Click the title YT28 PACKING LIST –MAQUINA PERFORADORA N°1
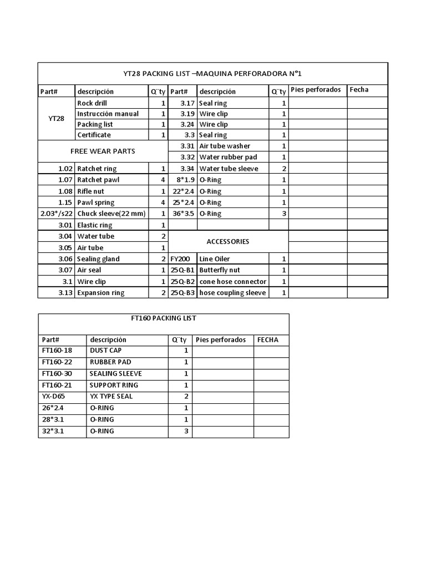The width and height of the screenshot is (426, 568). tap(212, 74)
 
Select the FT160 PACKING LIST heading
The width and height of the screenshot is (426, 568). tap(163, 318)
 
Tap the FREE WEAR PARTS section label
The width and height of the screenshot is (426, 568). tap(103, 151)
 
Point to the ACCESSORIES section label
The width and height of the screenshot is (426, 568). tap(227, 242)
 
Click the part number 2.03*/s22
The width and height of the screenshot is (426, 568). tap(57, 214)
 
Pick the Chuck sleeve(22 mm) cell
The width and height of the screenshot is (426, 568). tap(111, 214)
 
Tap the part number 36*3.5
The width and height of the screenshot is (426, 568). tap(184, 214)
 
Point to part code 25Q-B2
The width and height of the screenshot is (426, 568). tap(182, 282)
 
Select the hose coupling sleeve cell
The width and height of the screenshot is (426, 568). tap(232, 293)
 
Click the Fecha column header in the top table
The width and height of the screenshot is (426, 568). tap(359, 89)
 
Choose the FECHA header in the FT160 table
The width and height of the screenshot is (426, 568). tap(268, 340)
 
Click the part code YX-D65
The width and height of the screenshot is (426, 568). tap(54, 397)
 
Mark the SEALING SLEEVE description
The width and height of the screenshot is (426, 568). tap(115, 374)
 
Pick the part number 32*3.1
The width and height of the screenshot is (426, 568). tap(53, 431)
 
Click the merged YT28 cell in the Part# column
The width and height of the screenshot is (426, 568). tap(56, 119)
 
